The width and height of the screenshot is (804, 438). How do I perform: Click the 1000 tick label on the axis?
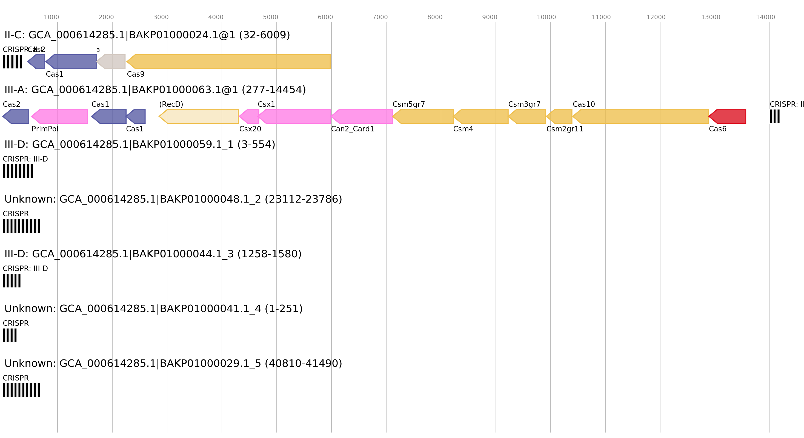click(51, 18)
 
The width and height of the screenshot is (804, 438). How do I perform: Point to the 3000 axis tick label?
click(161, 18)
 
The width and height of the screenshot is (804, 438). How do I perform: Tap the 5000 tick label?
click(270, 18)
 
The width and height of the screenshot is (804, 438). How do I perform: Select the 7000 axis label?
click(380, 18)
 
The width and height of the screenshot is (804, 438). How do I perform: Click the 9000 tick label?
click(490, 18)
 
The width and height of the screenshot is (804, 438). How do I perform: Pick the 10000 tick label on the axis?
click(546, 18)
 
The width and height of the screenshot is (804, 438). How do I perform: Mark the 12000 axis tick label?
click(656, 18)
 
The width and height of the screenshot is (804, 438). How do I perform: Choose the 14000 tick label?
click(765, 18)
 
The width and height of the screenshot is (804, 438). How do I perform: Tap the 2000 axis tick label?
click(106, 18)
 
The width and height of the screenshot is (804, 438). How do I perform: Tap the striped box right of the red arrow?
click(774, 116)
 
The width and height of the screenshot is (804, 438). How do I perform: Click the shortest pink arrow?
click(249, 116)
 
